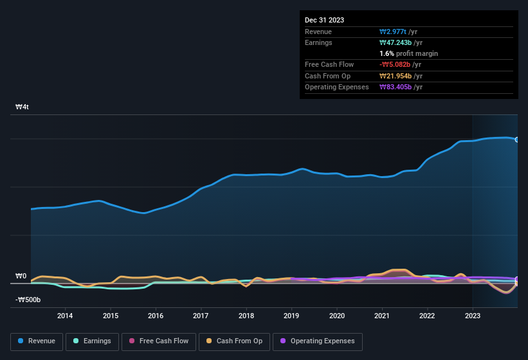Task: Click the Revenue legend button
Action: pos(37,341)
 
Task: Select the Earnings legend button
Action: pos(93,341)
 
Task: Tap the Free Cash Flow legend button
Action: pos(159,341)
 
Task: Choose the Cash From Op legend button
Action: pos(233,341)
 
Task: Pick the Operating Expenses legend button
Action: pos(318,341)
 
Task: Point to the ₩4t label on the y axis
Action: pos(22,107)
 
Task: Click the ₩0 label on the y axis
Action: pos(21,276)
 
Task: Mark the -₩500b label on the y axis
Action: pos(28,300)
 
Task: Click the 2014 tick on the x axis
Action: pos(64,316)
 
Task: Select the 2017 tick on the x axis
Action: pos(201,316)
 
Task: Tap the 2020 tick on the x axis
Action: pos(336,316)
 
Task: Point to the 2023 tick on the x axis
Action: pos(473,316)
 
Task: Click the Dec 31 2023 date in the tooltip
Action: pos(324,20)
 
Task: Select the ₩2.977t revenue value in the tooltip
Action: pos(394,32)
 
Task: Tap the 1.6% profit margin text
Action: pos(409,53)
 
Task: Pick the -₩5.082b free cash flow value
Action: pos(396,64)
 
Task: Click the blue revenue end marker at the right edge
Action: pos(516,139)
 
